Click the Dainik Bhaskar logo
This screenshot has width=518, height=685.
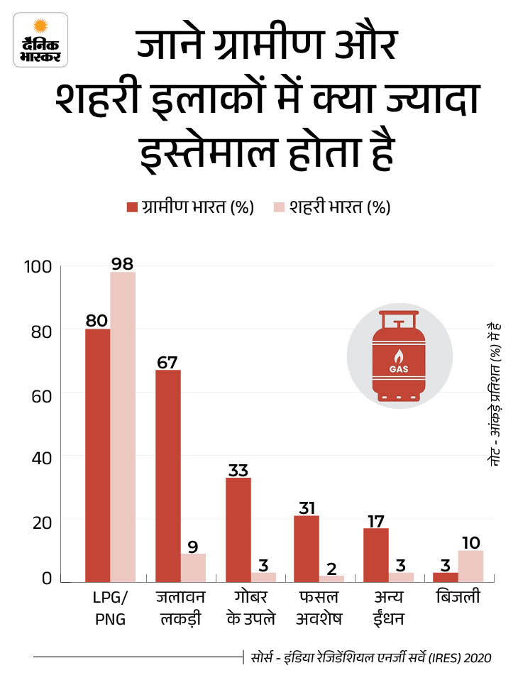39,41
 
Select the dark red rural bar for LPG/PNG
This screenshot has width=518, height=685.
97,455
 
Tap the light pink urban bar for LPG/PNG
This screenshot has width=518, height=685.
123,427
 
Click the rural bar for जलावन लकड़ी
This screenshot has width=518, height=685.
168,476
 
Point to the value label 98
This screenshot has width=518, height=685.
123,263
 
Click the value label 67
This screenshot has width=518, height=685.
168,361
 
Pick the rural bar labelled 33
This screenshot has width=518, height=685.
238,530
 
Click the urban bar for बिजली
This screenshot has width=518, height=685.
470,566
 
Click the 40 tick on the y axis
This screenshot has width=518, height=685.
41,458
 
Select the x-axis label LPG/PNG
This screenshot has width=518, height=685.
110,608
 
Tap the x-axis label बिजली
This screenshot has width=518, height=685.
458,598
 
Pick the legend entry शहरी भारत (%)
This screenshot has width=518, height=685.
331,207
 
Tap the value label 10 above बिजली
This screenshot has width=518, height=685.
470,542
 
